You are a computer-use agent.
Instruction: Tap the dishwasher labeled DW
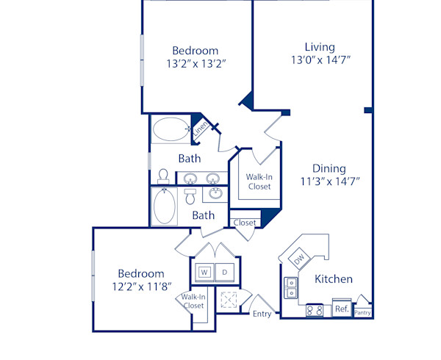click(x=299, y=258)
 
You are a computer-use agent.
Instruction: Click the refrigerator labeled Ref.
click(x=341, y=309)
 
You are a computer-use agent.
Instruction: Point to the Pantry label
click(x=362, y=312)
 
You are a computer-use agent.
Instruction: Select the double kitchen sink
click(x=292, y=287)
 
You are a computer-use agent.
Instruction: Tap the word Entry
click(x=262, y=314)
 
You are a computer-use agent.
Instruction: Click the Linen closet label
click(x=200, y=129)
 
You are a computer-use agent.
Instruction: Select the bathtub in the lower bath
click(x=164, y=206)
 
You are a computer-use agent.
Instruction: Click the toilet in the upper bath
click(x=164, y=176)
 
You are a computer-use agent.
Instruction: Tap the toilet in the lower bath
click(x=190, y=196)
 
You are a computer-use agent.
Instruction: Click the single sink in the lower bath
click(x=216, y=193)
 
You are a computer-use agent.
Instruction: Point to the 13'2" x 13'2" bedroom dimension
click(x=195, y=63)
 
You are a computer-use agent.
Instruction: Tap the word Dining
click(x=328, y=168)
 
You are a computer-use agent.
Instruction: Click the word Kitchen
click(x=334, y=279)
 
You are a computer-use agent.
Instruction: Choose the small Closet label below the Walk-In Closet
click(x=245, y=223)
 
